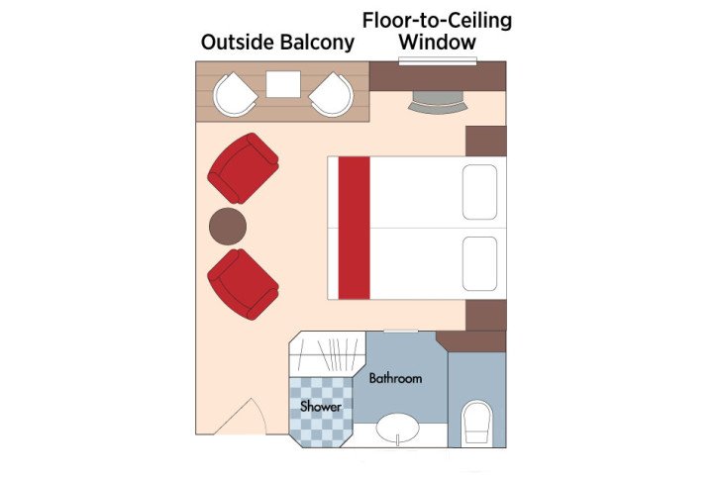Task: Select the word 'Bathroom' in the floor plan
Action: pos(395,378)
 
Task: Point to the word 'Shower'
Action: pos(321,407)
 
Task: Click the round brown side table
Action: pos(228,227)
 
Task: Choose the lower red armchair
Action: pos(242,283)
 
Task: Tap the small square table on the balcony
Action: pos(283,85)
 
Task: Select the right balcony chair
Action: pos(331,95)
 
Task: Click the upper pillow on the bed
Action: pos(479,192)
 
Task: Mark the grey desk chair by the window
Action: pos(437,98)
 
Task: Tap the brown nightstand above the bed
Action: pos(485,141)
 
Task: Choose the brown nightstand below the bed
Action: pos(485,315)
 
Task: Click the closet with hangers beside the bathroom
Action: pos(328,354)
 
